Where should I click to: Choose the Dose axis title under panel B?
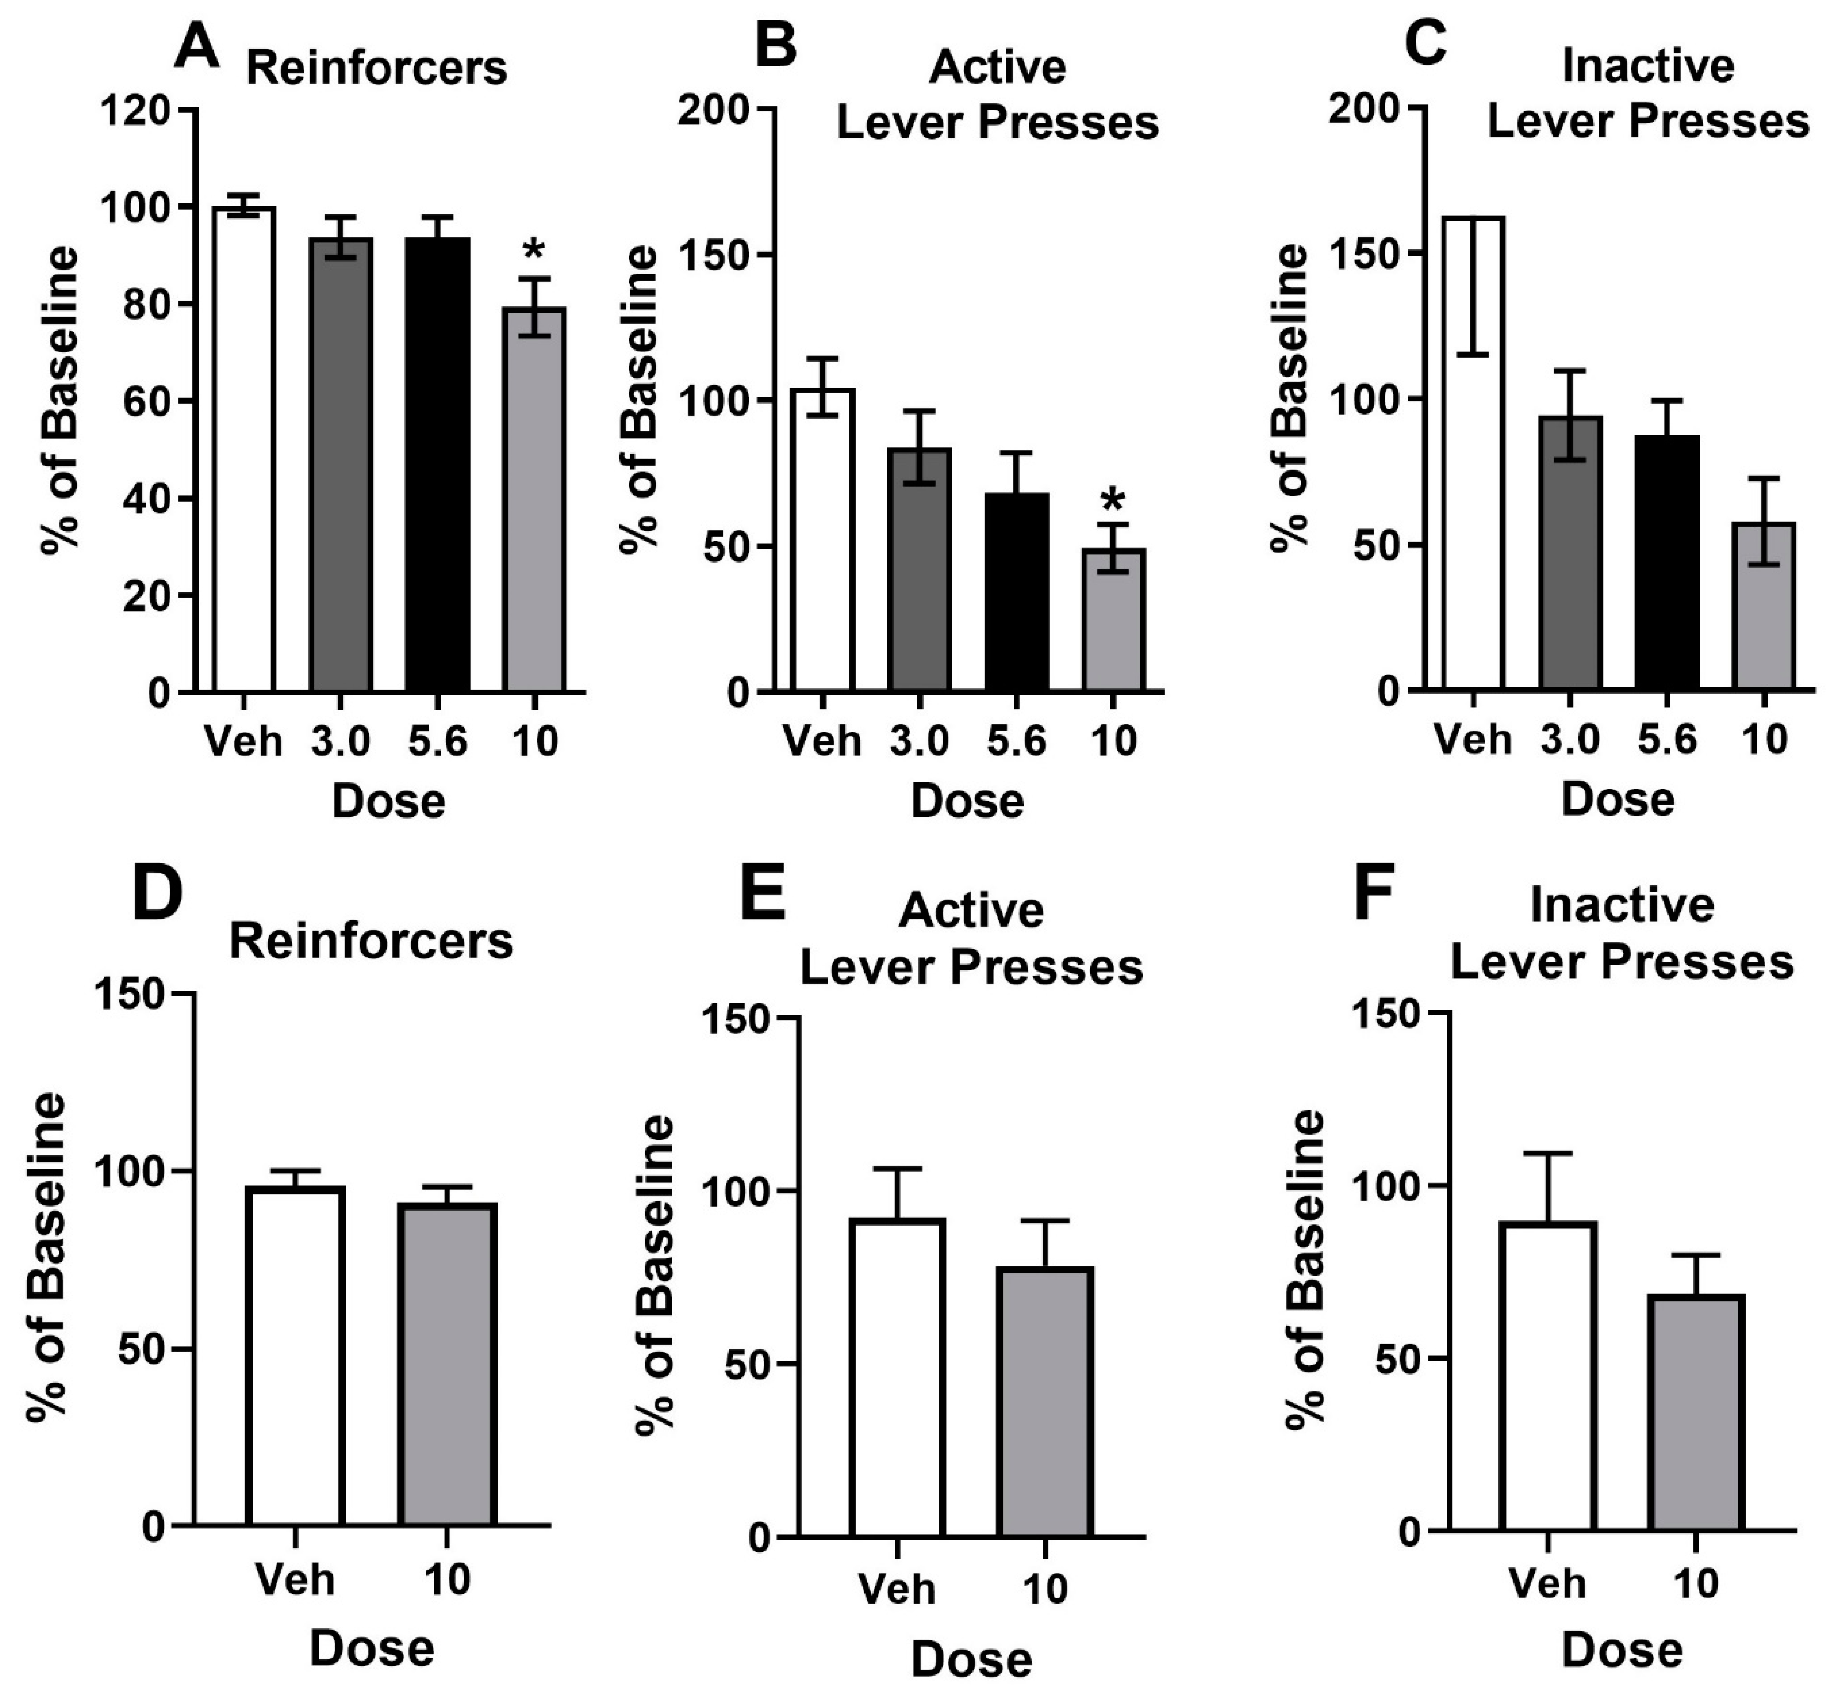pos(968,801)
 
